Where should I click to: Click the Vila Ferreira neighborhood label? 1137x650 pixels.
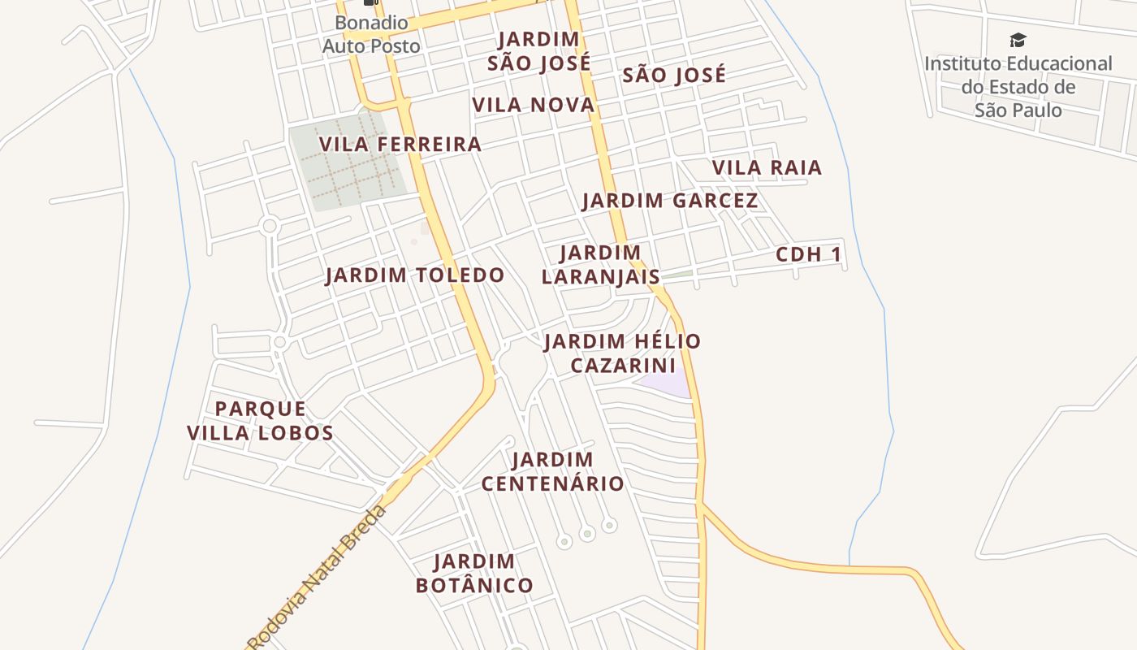click(400, 145)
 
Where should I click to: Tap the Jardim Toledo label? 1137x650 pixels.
click(414, 275)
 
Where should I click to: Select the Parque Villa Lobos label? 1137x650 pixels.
click(260, 421)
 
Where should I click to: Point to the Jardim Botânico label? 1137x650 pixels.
click(474, 574)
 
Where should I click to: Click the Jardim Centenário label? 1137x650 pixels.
click(552, 472)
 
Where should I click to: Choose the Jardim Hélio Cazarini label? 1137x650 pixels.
click(622, 353)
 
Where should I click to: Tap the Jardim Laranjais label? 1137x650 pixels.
click(600, 265)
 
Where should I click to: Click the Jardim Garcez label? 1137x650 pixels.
click(670, 201)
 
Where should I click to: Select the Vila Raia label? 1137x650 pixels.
click(767, 168)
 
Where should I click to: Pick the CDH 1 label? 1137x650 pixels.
click(808, 255)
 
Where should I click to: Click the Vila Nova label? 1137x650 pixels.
click(533, 106)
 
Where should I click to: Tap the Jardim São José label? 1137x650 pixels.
click(538, 51)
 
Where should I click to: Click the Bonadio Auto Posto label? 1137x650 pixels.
click(371, 35)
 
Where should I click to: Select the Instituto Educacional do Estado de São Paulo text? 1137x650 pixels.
click(1018, 86)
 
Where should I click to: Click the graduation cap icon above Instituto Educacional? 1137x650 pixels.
click(1018, 40)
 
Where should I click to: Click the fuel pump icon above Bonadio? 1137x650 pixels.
click(371, 2)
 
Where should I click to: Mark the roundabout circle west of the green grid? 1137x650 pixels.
click(270, 226)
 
